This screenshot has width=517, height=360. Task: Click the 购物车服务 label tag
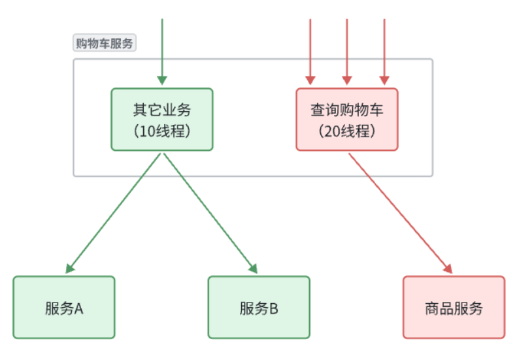[x=105, y=44]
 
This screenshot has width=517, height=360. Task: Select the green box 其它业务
[x=162, y=119]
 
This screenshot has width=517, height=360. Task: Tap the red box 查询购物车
[x=346, y=119]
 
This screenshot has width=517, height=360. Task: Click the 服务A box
[x=64, y=307]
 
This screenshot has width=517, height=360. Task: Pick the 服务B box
[x=259, y=307]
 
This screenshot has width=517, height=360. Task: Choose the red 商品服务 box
[x=454, y=307]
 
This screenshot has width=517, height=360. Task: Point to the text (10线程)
[x=162, y=131]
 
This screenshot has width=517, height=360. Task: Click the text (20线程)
[x=346, y=131]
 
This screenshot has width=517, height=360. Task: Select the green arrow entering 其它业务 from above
[x=162, y=52]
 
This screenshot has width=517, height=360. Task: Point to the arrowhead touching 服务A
[x=69, y=269]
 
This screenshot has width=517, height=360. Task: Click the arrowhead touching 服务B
[x=253, y=269]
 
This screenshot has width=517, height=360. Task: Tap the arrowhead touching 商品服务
[x=448, y=269]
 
